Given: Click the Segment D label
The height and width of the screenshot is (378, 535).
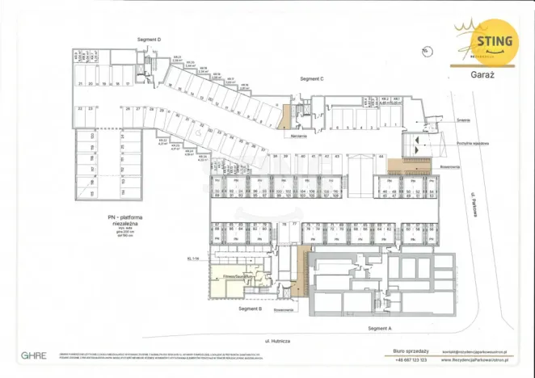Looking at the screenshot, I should [x=150, y=40].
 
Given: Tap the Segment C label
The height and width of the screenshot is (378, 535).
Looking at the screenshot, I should [x=311, y=79].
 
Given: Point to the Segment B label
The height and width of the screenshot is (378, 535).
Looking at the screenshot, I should [x=250, y=309].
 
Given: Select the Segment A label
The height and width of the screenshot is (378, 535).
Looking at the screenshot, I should [x=378, y=329].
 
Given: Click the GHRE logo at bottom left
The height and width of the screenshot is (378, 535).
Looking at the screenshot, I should [x=33, y=355].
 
